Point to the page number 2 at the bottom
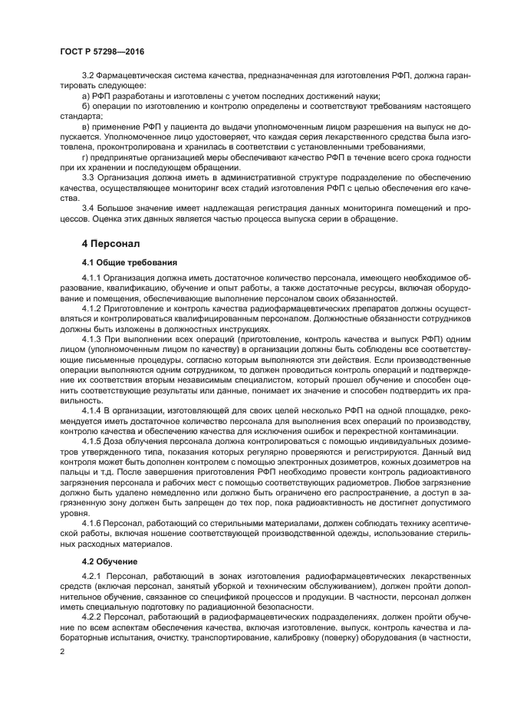[x=62, y=652]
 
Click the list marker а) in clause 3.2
[x=86, y=97]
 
